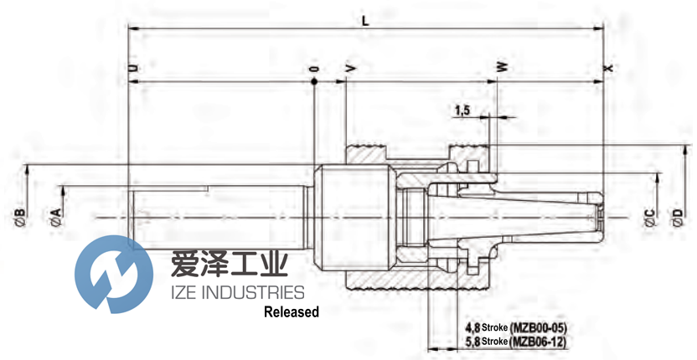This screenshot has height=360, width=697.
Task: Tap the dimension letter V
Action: click(347, 66)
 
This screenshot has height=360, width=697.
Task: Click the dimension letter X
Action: click(607, 66)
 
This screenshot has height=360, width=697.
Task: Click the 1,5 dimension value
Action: click(462, 110)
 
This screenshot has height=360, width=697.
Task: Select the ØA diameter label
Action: click(56, 217)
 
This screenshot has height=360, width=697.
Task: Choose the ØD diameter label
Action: click(677, 218)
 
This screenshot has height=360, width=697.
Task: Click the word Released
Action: click(292, 312)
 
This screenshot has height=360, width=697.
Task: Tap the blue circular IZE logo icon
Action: click(114, 274)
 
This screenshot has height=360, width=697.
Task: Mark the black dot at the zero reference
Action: click(314, 82)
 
